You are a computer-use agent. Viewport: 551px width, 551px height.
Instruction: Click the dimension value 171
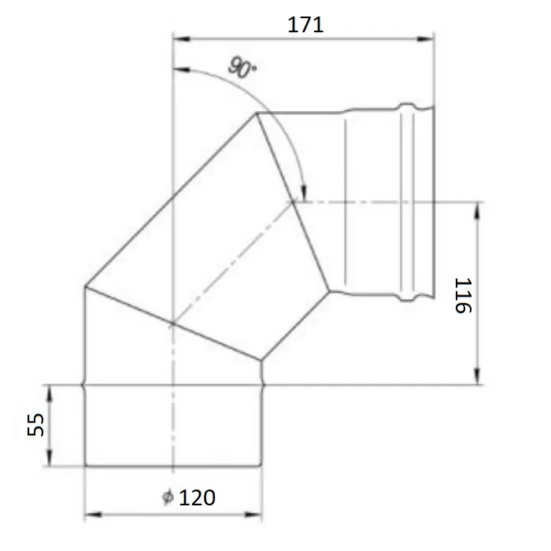pos(305,24)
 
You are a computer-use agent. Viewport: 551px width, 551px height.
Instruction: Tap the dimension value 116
pos(462,295)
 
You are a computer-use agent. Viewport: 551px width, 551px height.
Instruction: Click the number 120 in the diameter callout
pos(198,497)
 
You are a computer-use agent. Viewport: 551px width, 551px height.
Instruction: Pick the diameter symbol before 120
pos(167,497)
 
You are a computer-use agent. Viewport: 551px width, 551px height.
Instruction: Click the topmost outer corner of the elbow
pos(256,113)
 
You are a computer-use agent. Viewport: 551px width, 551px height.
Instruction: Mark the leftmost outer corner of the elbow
pos(85,288)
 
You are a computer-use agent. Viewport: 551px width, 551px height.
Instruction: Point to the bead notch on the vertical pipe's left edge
pos(84,385)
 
